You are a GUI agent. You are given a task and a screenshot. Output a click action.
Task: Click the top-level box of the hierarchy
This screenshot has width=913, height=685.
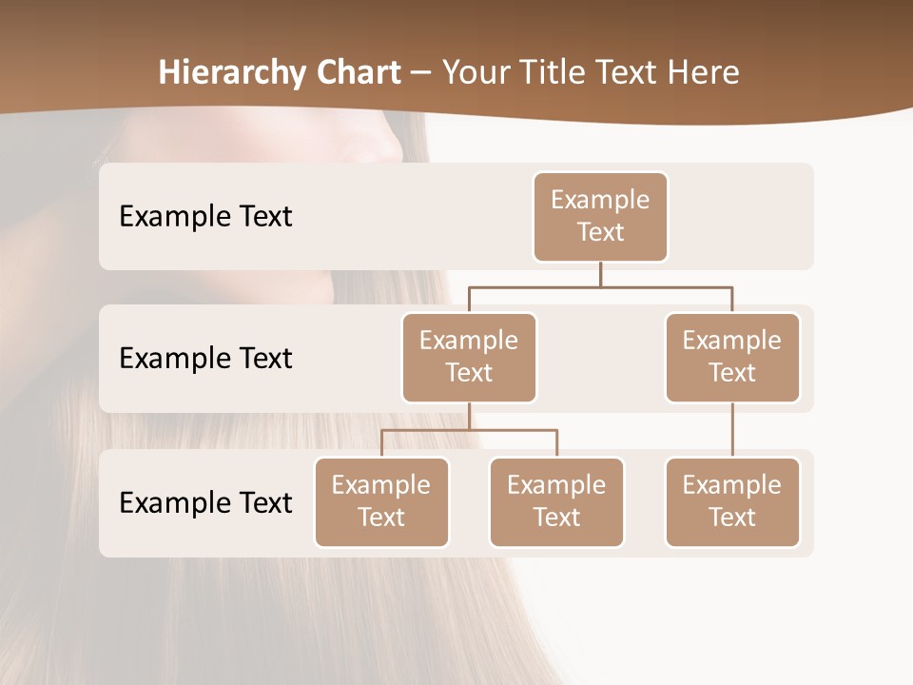[600, 216]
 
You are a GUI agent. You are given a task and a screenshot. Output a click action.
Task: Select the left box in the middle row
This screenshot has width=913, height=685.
[469, 357]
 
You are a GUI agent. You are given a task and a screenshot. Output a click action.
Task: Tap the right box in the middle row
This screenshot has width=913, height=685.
[732, 357]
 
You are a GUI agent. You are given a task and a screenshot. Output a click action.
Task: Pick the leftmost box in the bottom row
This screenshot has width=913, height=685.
[381, 501]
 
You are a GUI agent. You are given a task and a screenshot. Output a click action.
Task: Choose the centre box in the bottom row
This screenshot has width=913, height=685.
[556, 501]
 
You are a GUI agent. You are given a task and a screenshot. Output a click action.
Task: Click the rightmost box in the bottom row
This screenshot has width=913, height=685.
[732, 501]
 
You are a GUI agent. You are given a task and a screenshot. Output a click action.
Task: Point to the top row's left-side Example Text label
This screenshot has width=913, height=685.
[205, 216]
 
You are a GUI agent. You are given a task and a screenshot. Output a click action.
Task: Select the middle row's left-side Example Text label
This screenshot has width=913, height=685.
[205, 358]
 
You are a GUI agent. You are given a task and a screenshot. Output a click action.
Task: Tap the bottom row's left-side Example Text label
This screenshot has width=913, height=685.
[205, 502]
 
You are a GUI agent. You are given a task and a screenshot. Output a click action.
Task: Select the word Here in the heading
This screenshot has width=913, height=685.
[704, 72]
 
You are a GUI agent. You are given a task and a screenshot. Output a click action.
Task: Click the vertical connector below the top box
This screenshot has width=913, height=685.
[600, 274]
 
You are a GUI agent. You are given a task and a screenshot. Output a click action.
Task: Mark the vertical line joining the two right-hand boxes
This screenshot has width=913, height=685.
[732, 430]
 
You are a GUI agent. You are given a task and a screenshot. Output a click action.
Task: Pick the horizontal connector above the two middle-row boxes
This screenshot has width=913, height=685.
[600, 286]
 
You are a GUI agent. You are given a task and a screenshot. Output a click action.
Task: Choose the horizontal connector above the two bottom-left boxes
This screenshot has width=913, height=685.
[469, 430]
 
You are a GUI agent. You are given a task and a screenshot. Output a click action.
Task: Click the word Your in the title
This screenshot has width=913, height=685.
[476, 72]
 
